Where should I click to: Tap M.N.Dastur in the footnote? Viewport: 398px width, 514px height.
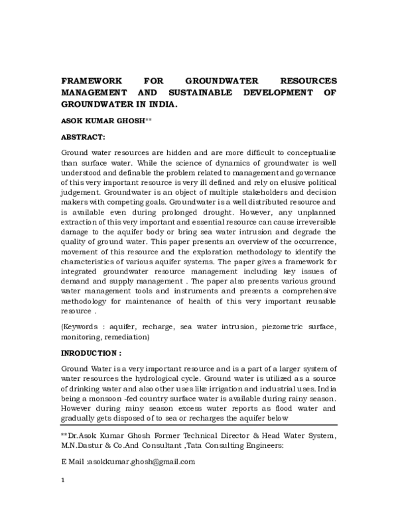click(x=84, y=446)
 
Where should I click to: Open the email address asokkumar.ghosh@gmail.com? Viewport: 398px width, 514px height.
click(x=137, y=461)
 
